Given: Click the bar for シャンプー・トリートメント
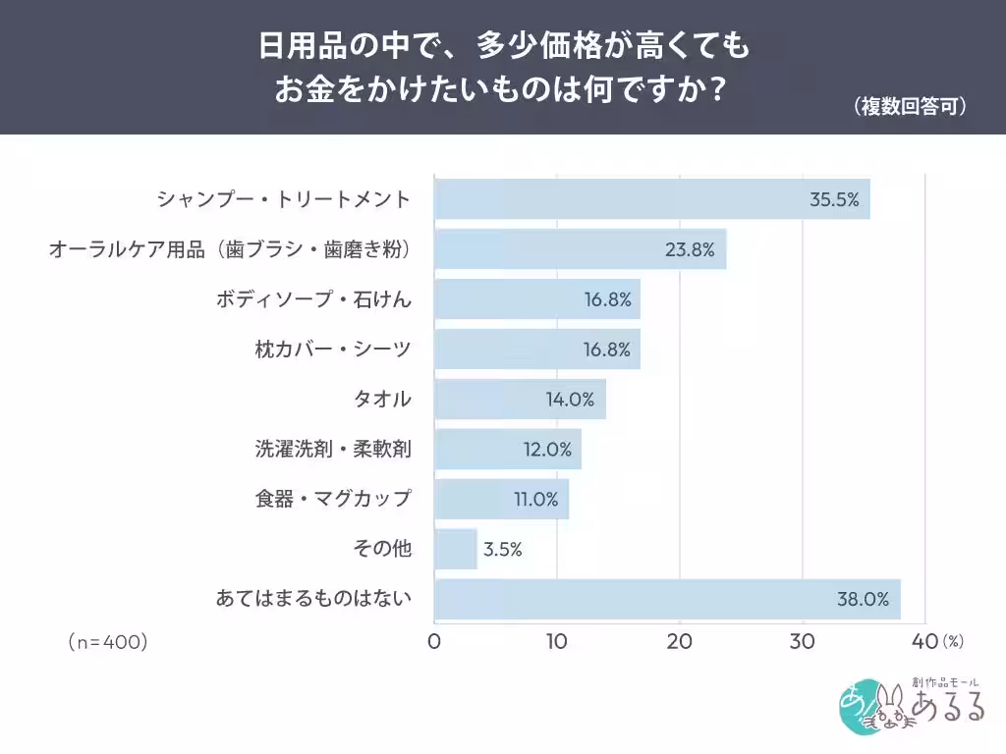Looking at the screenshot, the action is (x=652, y=199).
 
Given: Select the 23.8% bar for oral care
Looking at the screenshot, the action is (x=580, y=248).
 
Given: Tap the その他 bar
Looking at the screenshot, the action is (x=456, y=549).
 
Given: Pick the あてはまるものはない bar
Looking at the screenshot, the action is (x=667, y=599).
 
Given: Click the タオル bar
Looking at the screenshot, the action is (x=520, y=399).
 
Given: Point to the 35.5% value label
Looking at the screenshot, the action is (x=834, y=200).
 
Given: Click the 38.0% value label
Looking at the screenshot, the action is (x=863, y=600).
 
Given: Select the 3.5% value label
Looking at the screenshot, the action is (x=502, y=550).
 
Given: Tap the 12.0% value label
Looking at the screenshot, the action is (x=547, y=450).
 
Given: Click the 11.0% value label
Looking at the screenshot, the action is (x=535, y=500).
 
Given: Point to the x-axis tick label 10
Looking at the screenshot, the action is (x=556, y=642).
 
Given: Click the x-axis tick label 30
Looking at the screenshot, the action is (x=802, y=642).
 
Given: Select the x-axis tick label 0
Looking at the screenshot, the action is (x=434, y=642).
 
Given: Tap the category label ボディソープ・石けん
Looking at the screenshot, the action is (x=313, y=299).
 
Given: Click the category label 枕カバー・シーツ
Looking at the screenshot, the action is (x=333, y=350).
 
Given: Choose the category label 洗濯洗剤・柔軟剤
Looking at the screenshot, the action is (x=333, y=449).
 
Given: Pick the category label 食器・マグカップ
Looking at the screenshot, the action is (x=333, y=499).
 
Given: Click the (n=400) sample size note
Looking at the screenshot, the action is (x=108, y=642).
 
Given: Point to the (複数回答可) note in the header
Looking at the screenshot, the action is (x=910, y=106).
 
